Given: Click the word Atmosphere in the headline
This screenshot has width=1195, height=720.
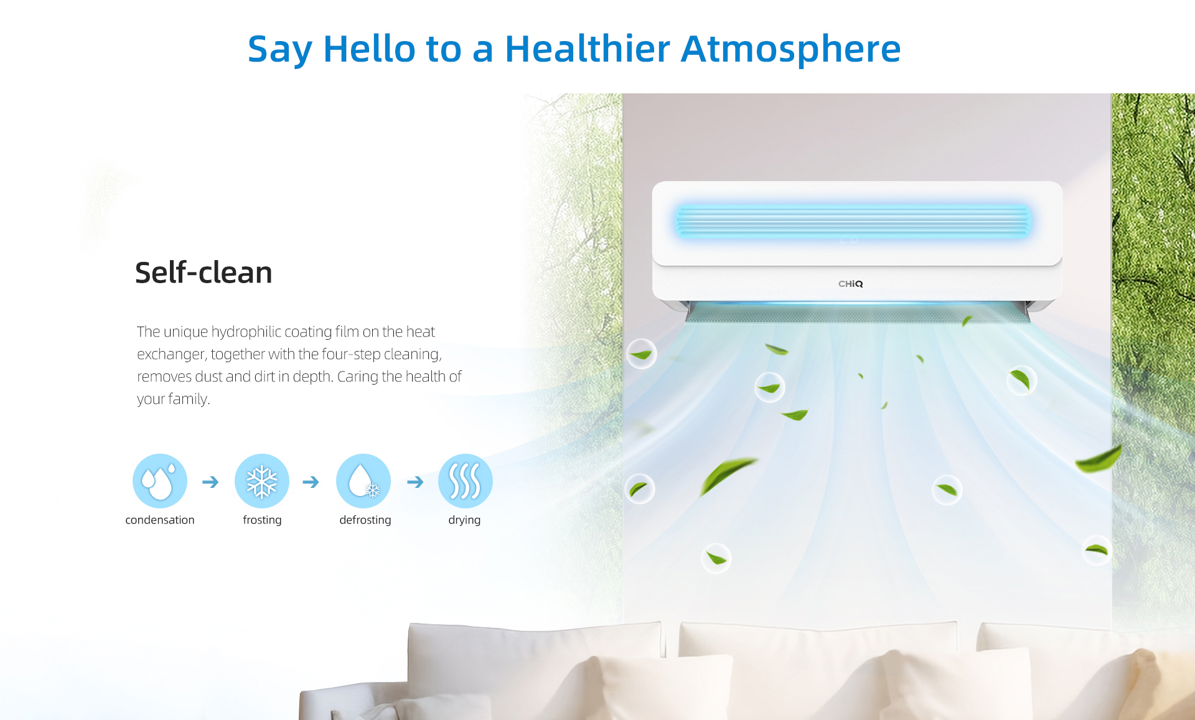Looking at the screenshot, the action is click(790, 49).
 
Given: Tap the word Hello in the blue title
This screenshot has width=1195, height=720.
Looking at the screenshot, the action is click(369, 49).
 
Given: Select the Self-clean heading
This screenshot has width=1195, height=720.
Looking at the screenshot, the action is click(204, 273).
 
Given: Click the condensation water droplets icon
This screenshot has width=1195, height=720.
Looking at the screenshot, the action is click(160, 481).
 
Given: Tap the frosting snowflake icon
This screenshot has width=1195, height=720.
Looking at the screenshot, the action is click(262, 481).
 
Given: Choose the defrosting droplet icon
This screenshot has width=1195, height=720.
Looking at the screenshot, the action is click(363, 481).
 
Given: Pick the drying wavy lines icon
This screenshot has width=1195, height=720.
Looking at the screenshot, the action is click(466, 481).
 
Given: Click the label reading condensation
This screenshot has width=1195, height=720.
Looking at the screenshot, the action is click(160, 520).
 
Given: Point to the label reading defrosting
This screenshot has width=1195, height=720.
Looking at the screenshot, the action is click(365, 520).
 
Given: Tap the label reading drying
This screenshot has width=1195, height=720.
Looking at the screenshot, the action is click(464, 520).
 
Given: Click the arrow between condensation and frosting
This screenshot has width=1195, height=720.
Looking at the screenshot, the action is click(210, 482).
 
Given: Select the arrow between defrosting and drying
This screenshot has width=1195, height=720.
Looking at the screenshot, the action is click(415, 482).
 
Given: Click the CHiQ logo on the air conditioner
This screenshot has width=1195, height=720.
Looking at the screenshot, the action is click(851, 284).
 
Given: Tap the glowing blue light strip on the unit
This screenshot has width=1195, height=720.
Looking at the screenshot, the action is click(853, 222).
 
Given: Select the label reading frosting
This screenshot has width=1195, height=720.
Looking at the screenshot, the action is click(262, 520).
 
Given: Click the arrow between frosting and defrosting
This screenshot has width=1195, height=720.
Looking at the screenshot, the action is click(311, 482).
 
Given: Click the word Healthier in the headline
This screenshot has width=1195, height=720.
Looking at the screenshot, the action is click(588, 49).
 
